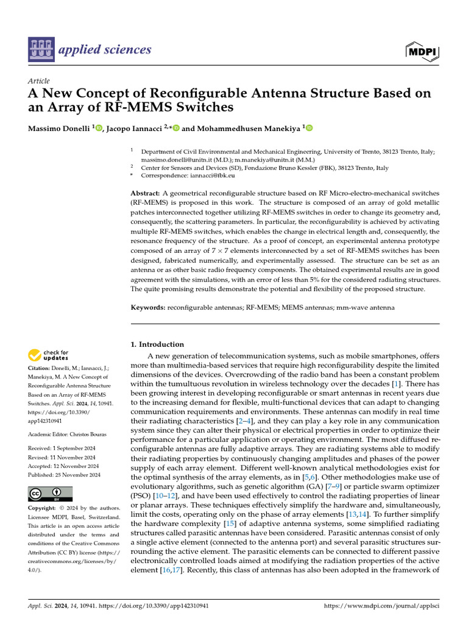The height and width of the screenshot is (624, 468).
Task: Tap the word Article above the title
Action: coord(39,80)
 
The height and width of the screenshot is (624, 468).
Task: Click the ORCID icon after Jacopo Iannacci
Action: coord(177,129)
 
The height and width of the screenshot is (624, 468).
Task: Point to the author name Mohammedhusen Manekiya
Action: coord(250,129)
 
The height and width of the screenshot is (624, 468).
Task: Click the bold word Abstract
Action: coord(145,193)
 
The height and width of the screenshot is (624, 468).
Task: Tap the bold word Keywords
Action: coord(148,308)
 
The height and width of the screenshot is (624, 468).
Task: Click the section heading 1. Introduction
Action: coord(158,344)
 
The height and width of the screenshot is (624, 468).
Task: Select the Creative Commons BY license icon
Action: coord(50,494)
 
